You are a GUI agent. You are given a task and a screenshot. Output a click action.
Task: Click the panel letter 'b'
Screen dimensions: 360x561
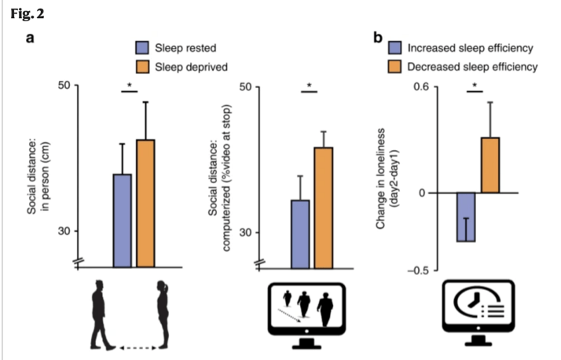(x=379, y=37)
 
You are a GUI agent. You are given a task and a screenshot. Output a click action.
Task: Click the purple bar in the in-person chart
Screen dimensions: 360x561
(x=122, y=220)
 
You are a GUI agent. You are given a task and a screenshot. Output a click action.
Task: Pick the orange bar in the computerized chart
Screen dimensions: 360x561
(x=323, y=207)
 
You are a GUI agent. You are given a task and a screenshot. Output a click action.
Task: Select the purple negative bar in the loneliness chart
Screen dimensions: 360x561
(x=467, y=217)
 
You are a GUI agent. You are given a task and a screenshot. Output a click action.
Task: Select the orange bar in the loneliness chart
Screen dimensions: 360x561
(x=489, y=165)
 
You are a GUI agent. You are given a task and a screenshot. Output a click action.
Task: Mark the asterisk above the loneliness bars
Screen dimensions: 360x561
(x=474, y=86)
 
